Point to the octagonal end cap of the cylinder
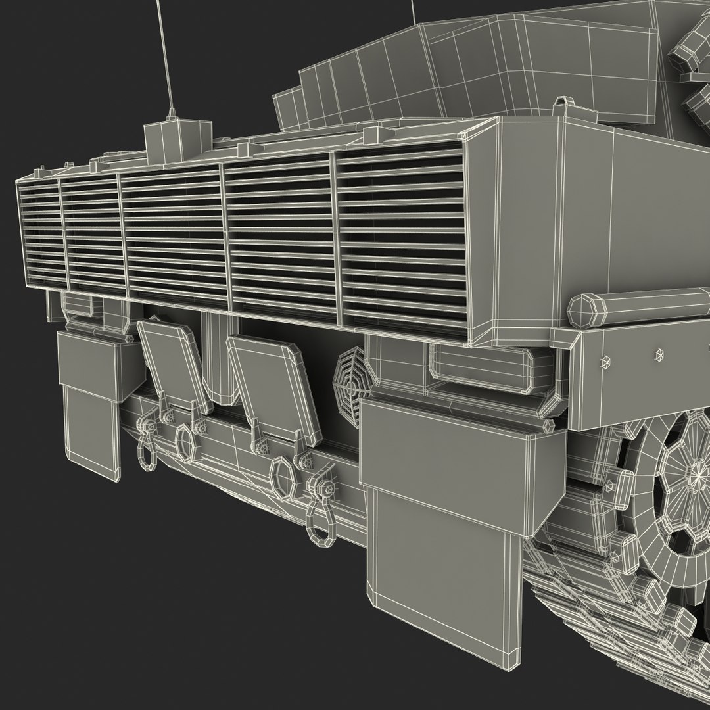pyautogui.click(x=583, y=310)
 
